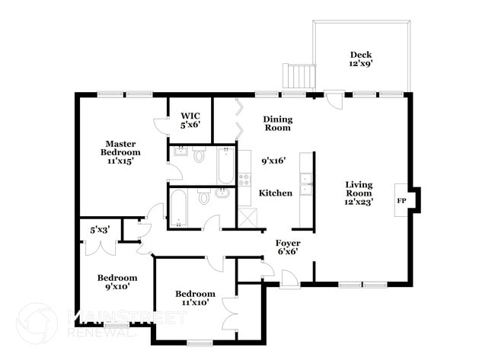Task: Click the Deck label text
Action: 360,59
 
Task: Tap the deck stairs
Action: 299,77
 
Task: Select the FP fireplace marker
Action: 401,201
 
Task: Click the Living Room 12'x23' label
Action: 359,193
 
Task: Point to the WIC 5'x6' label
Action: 190,120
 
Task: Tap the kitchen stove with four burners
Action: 244,180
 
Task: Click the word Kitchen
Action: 275,193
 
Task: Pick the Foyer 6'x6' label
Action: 287,247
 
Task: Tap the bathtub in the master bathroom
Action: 226,167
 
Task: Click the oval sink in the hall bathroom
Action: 222,193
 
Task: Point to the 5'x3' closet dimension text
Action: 100,229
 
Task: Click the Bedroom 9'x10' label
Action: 117,282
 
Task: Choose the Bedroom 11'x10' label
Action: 195,298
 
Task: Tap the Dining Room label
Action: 277,123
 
